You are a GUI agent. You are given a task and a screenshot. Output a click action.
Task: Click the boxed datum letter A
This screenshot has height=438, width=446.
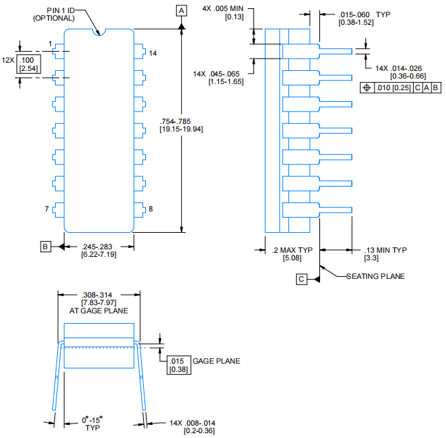coord(182,10)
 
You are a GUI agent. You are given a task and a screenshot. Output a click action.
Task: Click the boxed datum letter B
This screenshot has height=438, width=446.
coord(45,246)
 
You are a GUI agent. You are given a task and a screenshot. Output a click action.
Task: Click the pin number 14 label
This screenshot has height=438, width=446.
coord(153,53)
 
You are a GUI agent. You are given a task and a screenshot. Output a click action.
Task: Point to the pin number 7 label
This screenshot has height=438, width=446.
coord(46,209)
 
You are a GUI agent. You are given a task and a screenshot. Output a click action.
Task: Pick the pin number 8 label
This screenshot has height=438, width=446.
coord(151,209)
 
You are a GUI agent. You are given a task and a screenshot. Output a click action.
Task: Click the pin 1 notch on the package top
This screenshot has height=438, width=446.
coord(99,31)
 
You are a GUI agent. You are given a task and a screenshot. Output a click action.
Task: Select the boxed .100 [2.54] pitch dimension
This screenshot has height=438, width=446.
coord(28,65)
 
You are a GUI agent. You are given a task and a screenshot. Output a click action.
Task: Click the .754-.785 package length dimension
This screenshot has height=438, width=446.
coord(181,124)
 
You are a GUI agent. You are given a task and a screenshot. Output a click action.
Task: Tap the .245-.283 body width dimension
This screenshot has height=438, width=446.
coord(99,251)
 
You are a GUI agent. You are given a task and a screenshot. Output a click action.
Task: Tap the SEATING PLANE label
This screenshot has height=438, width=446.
coord(376,276)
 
